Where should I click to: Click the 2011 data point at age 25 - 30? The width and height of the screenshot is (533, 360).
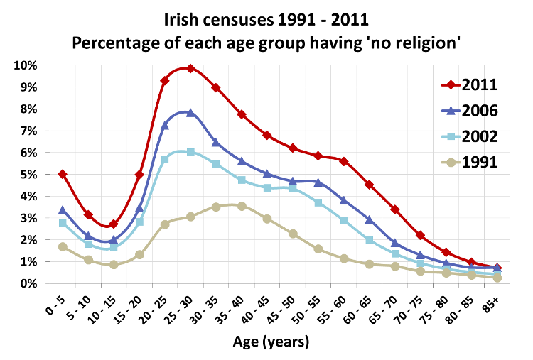pyautogui.click(x=190, y=68)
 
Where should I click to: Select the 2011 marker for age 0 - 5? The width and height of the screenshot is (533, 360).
pyautogui.click(x=63, y=174)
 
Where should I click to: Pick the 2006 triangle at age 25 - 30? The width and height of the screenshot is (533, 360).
pyautogui.click(x=190, y=112)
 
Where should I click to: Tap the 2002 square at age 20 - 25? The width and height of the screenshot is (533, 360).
pyautogui.click(x=165, y=160)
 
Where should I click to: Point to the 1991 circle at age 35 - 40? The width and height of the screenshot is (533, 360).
pyautogui.click(x=242, y=206)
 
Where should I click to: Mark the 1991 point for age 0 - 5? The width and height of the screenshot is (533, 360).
pyautogui.click(x=63, y=246)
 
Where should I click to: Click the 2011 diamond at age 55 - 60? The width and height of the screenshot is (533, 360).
pyautogui.click(x=344, y=161)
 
